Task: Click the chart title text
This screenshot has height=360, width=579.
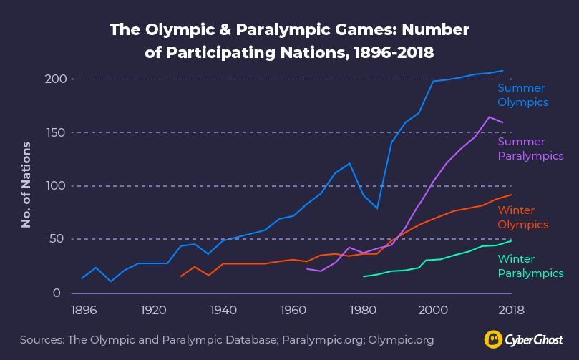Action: coord(289,41)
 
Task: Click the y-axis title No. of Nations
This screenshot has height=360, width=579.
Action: coord(26,185)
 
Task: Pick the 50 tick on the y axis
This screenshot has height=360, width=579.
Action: coord(57,238)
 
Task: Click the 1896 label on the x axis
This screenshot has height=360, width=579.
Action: coord(83,311)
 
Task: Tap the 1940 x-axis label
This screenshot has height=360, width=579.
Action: coord(223,311)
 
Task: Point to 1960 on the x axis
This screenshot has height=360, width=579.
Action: coord(293,311)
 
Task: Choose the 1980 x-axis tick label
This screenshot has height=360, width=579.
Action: coord(363,311)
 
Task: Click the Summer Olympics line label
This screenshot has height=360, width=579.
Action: coord(522,95)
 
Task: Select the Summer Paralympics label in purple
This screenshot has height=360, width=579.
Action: coord(530,149)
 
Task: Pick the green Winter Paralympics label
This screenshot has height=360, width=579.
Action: coord(530,266)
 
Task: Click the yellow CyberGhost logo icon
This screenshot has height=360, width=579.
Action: coord(493,339)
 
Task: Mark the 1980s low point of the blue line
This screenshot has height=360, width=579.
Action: coord(377,208)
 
